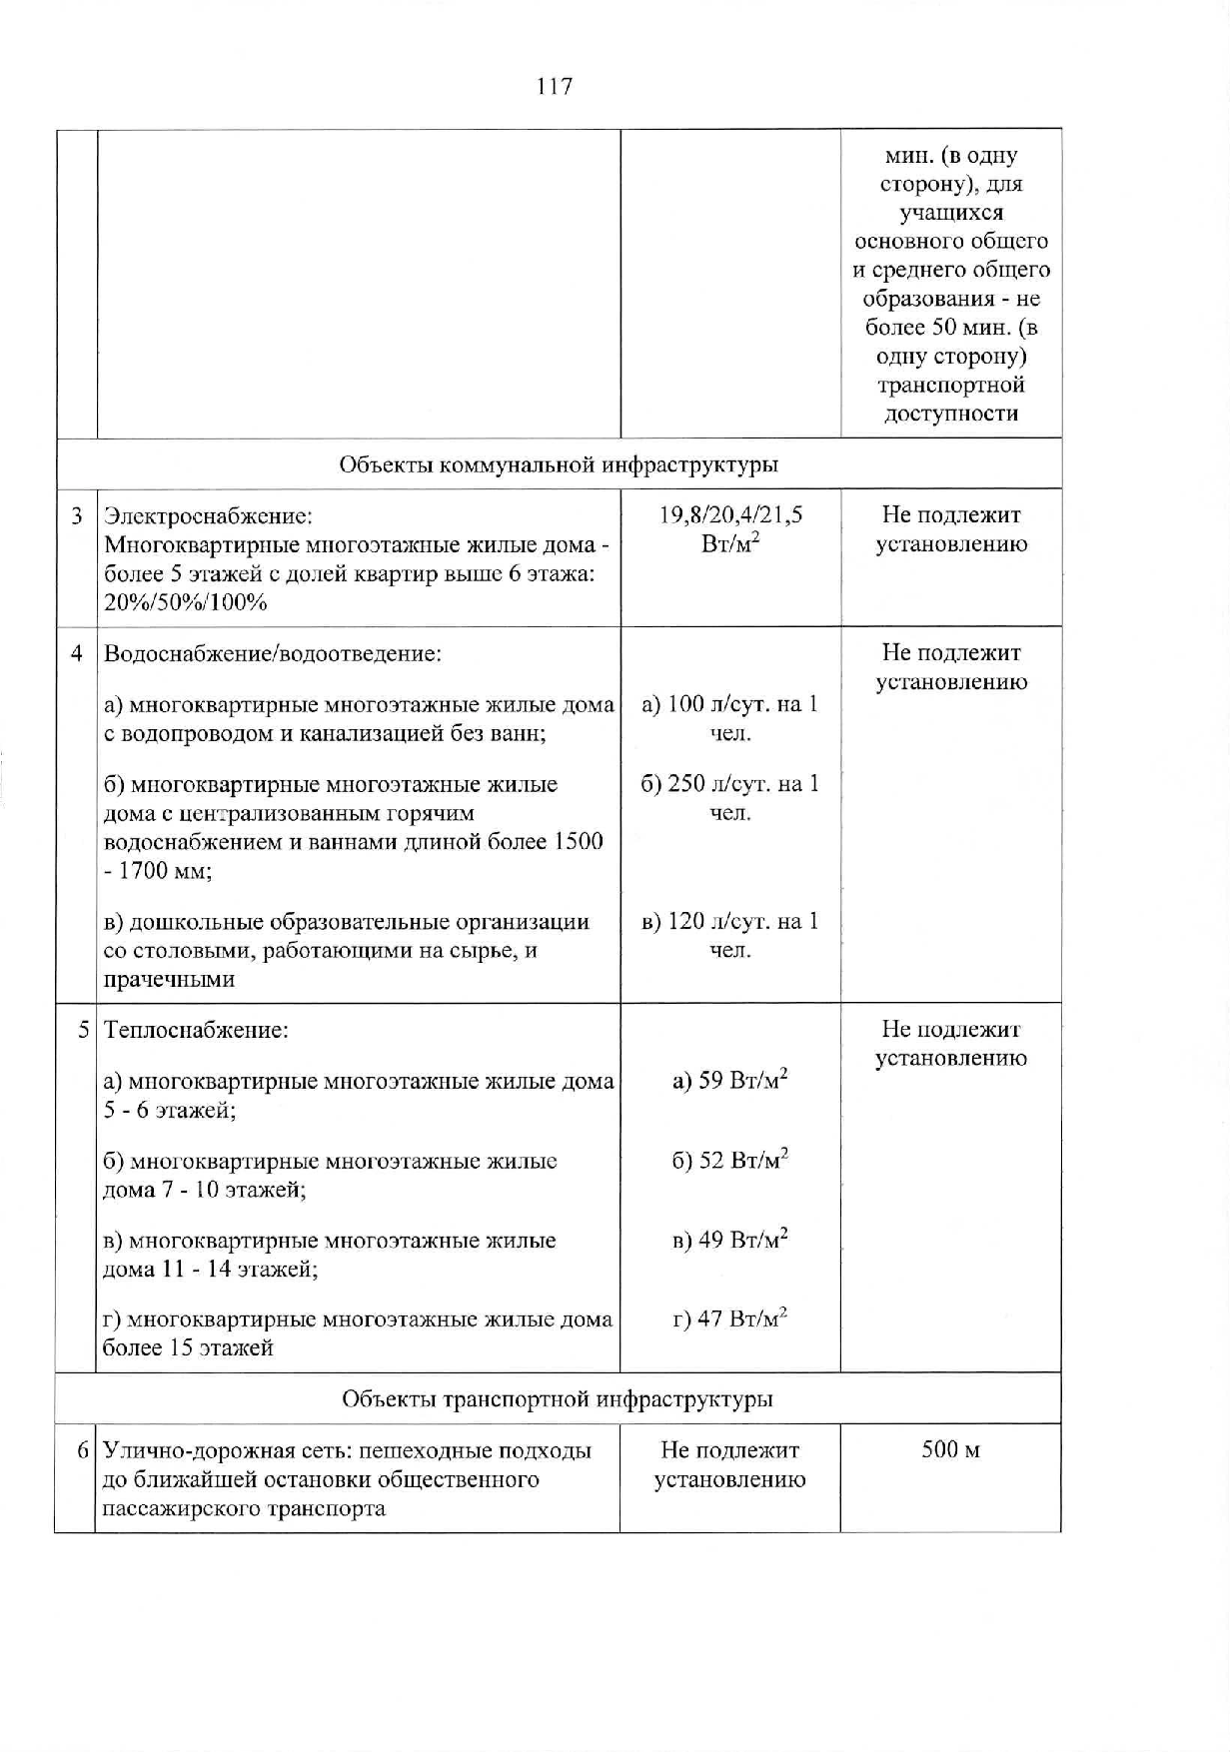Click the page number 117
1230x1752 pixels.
pos(555,87)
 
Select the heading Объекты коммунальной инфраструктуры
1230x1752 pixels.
pos(559,464)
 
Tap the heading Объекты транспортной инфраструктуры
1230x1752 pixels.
pos(558,1398)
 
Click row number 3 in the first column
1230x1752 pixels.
pos(77,516)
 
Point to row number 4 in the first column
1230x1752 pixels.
pos(77,654)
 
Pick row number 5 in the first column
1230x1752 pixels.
pos(84,1030)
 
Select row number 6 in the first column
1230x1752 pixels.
pos(84,1450)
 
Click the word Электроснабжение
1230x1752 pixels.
pos(208,516)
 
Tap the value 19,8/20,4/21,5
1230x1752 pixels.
pos(730,515)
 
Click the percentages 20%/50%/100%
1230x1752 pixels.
pos(186,602)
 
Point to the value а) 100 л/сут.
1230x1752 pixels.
pos(729,705)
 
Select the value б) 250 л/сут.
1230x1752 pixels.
pos(729,784)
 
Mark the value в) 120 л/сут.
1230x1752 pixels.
pos(729,921)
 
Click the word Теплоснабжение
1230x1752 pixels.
pos(196,1030)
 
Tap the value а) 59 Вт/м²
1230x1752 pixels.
pos(730,1081)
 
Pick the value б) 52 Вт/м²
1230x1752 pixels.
pos(730,1161)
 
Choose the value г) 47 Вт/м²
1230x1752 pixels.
pos(730,1319)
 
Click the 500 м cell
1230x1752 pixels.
pos(950,1449)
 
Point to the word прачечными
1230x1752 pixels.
pos(170,980)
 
